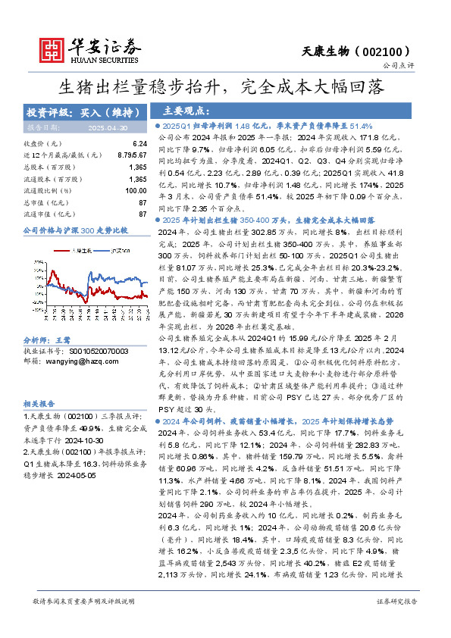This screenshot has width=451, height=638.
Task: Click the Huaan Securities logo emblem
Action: [51, 47]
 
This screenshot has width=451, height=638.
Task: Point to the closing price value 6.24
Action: [139, 143]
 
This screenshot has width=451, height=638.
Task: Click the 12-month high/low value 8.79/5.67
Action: [132, 155]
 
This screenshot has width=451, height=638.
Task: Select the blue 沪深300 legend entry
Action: [114, 251]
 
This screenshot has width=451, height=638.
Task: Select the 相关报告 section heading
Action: [39, 404]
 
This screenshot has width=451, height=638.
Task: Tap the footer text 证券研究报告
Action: [396, 601]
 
